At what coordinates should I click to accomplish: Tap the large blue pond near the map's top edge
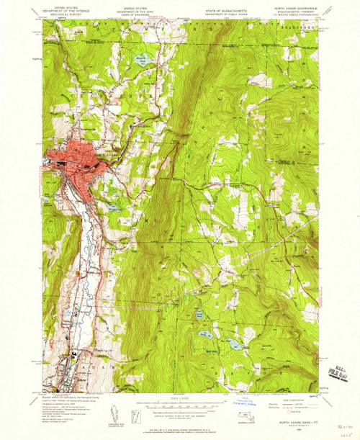(141, 60)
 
